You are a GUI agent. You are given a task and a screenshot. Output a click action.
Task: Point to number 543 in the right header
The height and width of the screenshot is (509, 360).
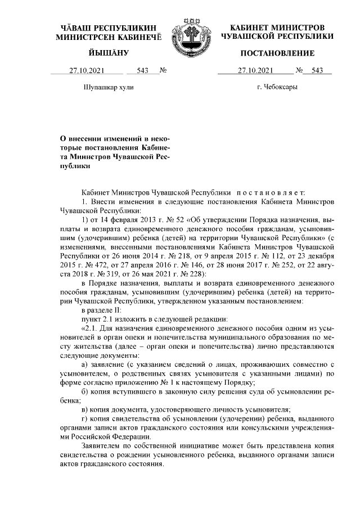click(x=317, y=70)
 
